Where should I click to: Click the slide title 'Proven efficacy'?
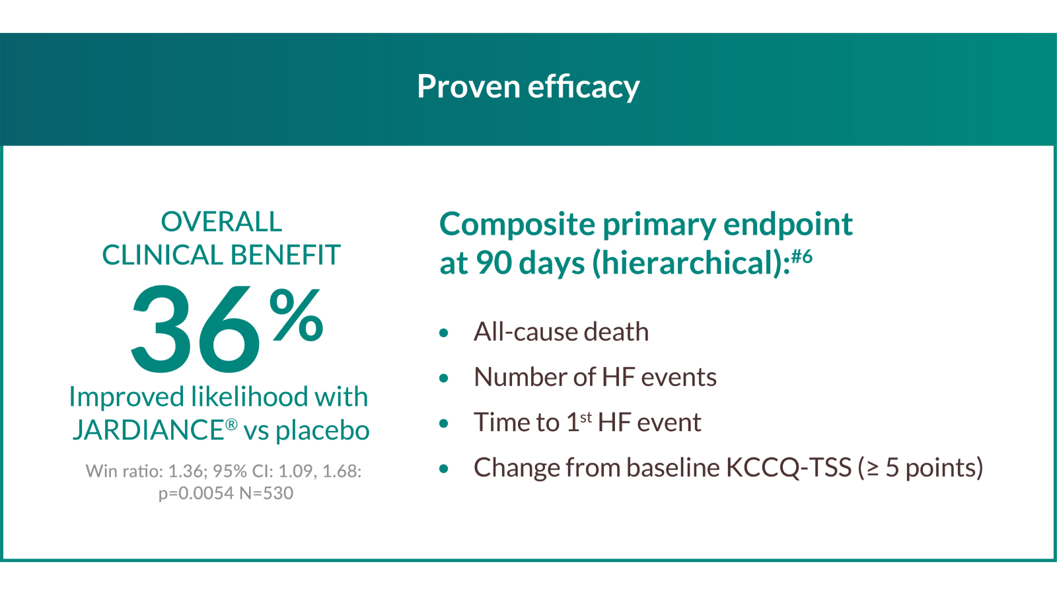pyautogui.click(x=528, y=87)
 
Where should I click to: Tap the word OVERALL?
pyautogui.click(x=221, y=222)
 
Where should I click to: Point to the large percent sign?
pyautogui.click(x=296, y=315)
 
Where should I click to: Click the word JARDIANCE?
pyautogui.click(x=148, y=430)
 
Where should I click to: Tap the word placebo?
pyautogui.click(x=322, y=430)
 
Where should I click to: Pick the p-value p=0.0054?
pyautogui.click(x=196, y=493)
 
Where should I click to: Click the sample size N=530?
pyautogui.click(x=267, y=493)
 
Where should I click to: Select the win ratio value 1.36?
pyautogui.click(x=186, y=471)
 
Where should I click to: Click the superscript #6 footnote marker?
pyautogui.click(x=802, y=255)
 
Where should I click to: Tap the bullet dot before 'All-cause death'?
pyautogui.click(x=444, y=333)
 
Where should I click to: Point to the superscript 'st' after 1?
pyautogui.click(x=586, y=417)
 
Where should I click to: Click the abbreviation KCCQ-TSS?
pyautogui.click(x=788, y=468)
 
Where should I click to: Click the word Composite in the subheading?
pyautogui.click(x=517, y=225)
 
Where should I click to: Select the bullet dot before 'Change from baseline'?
pyautogui.click(x=444, y=469)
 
